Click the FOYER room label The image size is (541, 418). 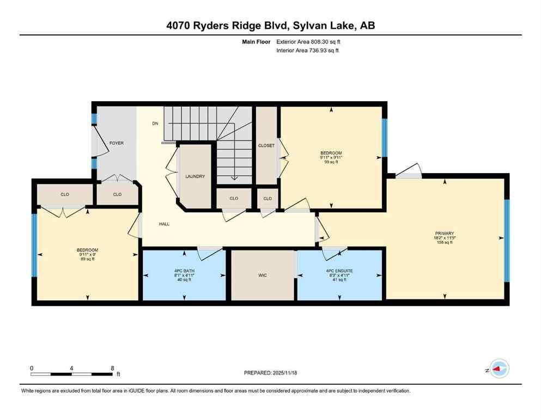116,143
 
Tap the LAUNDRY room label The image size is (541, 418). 194,176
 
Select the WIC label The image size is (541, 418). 262,275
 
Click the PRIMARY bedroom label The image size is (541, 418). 445,233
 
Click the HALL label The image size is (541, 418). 164,224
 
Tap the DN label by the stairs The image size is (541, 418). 155,124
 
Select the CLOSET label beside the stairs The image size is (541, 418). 266,145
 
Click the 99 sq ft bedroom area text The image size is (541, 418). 331,162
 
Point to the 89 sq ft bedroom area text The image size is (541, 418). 87,259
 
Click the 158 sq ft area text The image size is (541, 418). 445,243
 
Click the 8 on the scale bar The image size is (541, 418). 112,368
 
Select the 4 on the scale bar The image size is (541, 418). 72,368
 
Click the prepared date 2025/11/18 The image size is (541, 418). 284,373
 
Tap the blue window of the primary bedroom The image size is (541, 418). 506,241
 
